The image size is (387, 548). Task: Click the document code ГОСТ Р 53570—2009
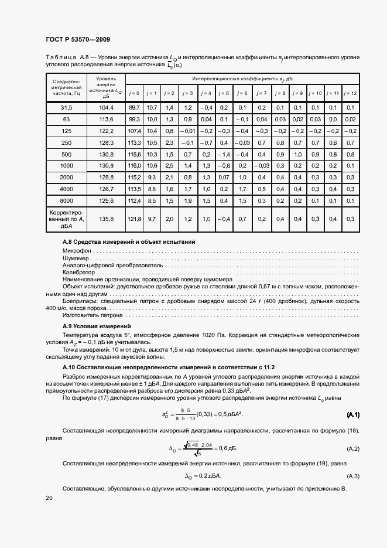click(x=77, y=39)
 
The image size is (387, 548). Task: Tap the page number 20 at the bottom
click(x=49, y=498)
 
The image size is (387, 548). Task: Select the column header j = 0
click(x=134, y=93)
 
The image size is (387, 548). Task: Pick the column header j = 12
click(x=350, y=93)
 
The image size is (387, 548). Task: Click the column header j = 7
click(x=261, y=93)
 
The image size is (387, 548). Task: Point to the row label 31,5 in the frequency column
click(x=66, y=108)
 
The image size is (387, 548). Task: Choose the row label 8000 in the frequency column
click(x=66, y=200)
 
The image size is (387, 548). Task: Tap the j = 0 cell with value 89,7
click(x=134, y=108)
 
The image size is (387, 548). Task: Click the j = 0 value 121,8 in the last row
click(x=134, y=219)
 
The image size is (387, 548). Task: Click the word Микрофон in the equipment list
click(x=76, y=250)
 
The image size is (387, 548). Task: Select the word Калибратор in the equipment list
click(x=78, y=273)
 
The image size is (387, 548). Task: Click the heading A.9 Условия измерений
click(x=97, y=325)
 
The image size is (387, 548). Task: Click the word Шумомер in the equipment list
click(x=76, y=258)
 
